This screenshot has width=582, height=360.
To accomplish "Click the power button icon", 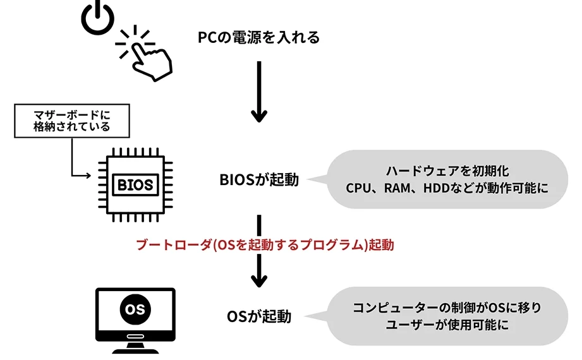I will [97, 18].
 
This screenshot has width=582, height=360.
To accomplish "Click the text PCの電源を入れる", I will [259, 38].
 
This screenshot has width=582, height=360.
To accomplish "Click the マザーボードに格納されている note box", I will [71, 120].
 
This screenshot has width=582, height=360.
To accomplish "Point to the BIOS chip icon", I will [135, 184].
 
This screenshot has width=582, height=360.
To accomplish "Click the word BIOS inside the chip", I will [135, 185].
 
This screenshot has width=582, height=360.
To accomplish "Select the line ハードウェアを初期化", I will [447, 171].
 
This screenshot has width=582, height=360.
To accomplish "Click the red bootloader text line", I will [265, 245].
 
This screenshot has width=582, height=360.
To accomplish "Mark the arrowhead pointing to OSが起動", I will [259, 278].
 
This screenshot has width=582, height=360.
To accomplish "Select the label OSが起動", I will [259, 316].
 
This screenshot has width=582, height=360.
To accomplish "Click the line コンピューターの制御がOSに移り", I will [447, 308].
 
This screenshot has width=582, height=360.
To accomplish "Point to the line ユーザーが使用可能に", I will [447, 326].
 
